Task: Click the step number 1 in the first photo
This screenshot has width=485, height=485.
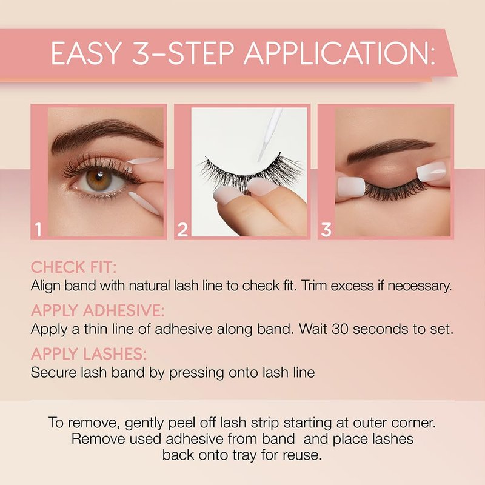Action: coord(38,230)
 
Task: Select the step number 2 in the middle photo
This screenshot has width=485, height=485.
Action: coord(182,230)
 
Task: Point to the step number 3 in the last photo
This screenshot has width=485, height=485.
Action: coord(326,230)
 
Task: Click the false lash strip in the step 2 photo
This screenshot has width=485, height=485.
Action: coord(250,172)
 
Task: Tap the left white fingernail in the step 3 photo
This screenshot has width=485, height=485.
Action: coord(352,187)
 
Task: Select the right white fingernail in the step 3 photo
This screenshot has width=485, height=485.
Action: coord(432,170)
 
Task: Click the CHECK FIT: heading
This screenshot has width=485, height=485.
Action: coord(73,267)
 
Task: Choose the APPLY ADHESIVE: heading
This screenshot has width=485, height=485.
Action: coord(98,310)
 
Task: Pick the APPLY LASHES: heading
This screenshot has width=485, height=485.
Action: coord(89,354)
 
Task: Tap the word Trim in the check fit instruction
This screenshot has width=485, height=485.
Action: coord(314,286)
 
